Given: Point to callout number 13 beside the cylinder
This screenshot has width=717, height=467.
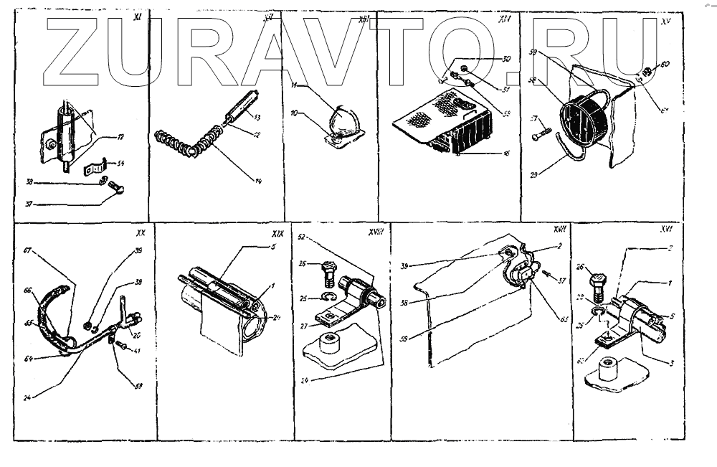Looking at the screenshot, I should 257,116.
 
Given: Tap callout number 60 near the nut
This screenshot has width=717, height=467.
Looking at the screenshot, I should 666,64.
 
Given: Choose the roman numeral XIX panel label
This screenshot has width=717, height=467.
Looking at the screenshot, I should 277,235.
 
